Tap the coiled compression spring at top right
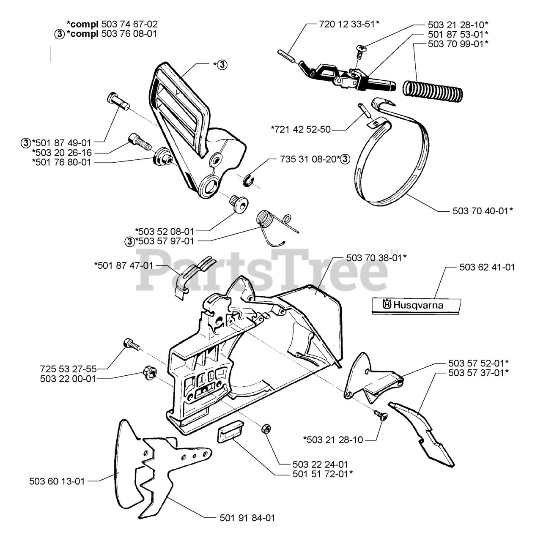431,88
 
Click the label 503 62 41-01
487,268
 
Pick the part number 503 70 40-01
483,210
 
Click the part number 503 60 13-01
57,481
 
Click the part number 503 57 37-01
478,372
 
